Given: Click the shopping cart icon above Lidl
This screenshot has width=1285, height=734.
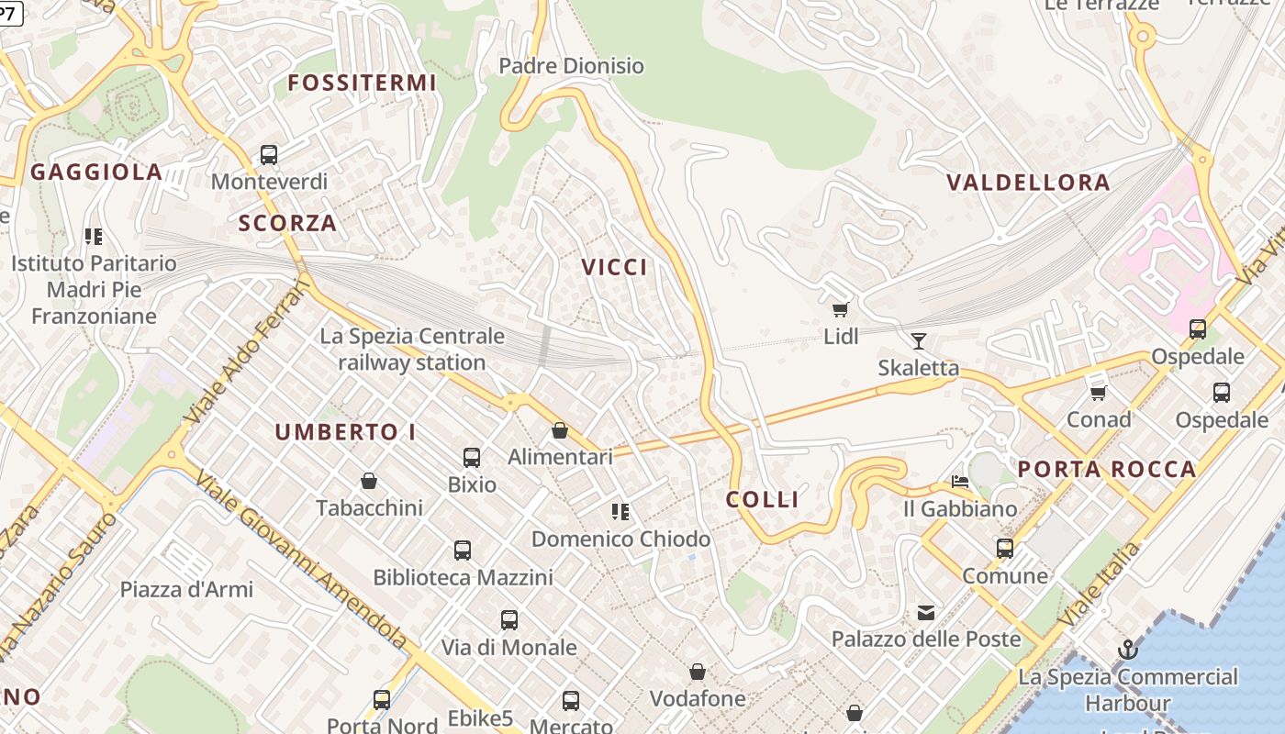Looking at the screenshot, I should click(x=840, y=309).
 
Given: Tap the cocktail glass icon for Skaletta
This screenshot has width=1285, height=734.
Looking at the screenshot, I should click(x=918, y=341).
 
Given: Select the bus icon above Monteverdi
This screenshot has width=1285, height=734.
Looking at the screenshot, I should click(x=269, y=155).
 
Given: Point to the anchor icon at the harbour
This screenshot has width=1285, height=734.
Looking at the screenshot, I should click(x=1127, y=651).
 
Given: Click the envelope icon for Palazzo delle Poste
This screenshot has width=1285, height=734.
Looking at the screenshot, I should click(x=926, y=612).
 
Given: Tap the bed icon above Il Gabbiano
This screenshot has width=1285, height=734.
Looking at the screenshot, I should click(x=960, y=482).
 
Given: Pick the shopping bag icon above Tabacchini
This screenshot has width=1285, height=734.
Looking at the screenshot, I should click(x=369, y=481).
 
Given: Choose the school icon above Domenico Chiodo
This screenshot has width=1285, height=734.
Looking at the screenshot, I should click(x=620, y=512).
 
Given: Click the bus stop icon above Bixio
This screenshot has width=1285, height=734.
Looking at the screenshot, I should click(x=472, y=457).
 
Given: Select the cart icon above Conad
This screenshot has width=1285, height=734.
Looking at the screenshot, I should click(x=1098, y=393).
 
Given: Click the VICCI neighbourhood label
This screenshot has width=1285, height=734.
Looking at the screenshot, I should click(x=614, y=267).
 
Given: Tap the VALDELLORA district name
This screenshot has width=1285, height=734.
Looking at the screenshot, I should click(x=1028, y=183).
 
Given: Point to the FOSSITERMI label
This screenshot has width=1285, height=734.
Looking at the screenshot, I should click(x=362, y=83).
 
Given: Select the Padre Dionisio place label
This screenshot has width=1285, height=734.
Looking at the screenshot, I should click(x=571, y=66).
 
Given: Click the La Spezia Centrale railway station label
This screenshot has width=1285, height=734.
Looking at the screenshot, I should click(x=412, y=350).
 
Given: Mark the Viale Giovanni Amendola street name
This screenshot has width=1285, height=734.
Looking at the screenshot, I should click(x=302, y=561).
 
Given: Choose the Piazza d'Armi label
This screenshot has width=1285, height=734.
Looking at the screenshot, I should click(x=186, y=589).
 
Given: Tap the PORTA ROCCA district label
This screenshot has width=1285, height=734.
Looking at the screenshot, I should click(x=1107, y=470).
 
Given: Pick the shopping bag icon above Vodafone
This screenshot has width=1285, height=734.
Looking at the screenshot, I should click(x=698, y=673).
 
